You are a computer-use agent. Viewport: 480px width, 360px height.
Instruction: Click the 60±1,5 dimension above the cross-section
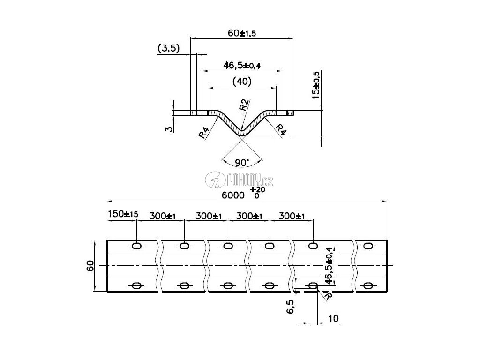[241, 33]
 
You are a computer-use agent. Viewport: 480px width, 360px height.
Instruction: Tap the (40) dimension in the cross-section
[242, 82]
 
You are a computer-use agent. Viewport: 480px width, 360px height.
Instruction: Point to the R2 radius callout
[244, 105]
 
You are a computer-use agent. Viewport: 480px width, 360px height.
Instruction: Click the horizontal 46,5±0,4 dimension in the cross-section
[242, 65]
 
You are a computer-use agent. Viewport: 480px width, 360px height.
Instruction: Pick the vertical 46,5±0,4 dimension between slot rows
[329, 266]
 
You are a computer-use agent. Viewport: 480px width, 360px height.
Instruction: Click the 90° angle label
[242, 163]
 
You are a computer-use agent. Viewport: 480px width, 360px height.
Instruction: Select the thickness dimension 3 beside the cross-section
[169, 128]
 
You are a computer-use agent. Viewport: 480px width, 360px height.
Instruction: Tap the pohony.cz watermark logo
[239, 180]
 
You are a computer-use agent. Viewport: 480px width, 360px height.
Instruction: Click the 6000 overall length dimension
[233, 195]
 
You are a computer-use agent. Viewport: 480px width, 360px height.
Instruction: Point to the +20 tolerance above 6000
[258, 190]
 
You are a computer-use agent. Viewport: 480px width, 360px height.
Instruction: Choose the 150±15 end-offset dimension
[123, 214]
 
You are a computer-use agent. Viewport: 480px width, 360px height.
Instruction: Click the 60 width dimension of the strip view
[90, 266]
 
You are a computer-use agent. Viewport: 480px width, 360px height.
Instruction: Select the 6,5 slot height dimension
[290, 307]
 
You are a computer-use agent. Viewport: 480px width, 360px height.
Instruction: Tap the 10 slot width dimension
[334, 319]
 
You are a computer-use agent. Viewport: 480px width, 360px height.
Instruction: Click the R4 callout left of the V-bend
[203, 133]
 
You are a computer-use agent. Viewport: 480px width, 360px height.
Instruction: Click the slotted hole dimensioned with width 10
[313, 286]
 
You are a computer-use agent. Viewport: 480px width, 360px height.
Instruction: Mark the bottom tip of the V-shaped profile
[242, 135]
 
